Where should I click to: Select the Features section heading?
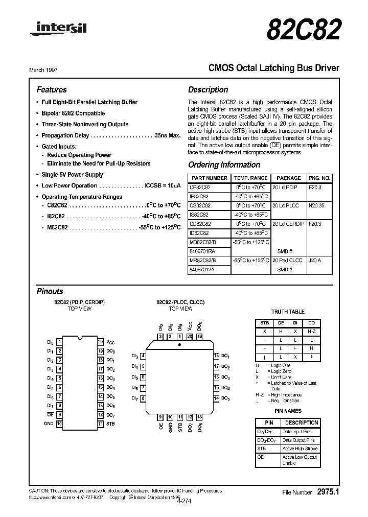click(52, 89)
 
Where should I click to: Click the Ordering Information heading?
click(224, 165)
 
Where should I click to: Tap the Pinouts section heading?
click(50, 291)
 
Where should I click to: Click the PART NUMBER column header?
click(208, 178)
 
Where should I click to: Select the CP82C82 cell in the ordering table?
click(200, 187)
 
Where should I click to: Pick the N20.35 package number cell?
click(317, 205)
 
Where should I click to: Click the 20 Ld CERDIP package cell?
click(288, 224)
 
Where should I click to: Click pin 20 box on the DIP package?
click(100, 341)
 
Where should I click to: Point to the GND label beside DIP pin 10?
click(49, 424)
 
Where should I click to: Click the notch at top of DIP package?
click(80, 338)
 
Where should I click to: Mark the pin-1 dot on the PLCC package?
click(178, 345)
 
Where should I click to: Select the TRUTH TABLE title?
click(287, 312)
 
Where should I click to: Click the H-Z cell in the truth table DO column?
click(311, 331)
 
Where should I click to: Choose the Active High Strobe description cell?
click(300, 449)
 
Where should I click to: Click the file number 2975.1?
click(328, 492)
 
